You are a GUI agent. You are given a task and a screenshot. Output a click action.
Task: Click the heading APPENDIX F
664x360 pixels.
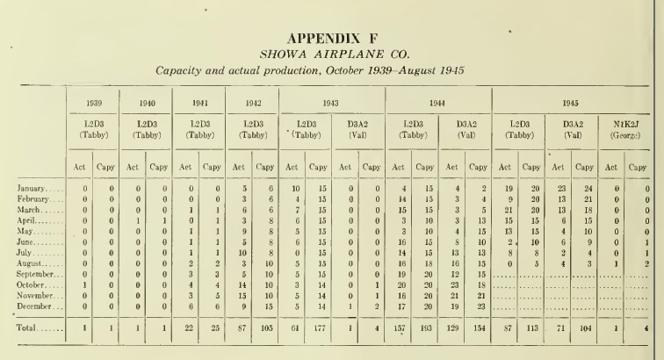(x=331, y=40)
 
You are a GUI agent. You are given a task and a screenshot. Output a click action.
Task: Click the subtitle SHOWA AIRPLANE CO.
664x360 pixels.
(x=331, y=54)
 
